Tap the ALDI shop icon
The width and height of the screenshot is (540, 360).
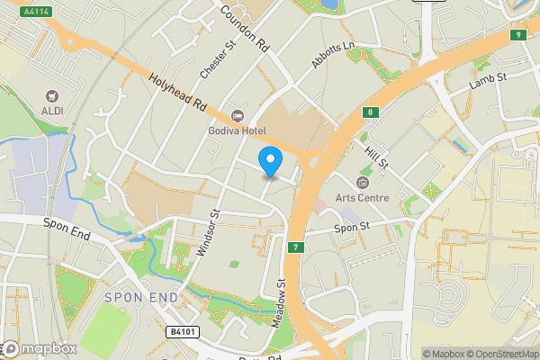click(52, 95)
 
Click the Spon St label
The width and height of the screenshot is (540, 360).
click(352, 229)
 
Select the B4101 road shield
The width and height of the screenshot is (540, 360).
click(182, 332)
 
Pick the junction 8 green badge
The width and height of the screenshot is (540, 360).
click(370, 112)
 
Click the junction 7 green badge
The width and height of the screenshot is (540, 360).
click(294, 247)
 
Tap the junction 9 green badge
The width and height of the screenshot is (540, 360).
click(517, 35)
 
